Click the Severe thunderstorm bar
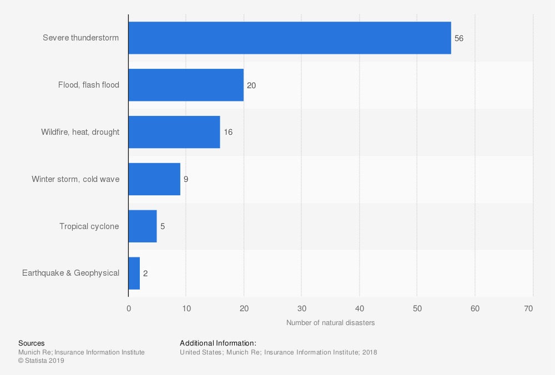[x=289, y=38]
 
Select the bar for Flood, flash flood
[x=186, y=85]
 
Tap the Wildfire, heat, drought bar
[x=174, y=132]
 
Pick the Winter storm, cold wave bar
[x=154, y=179]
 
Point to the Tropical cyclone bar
[x=143, y=226]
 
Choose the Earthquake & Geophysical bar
[x=134, y=273]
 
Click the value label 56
[x=459, y=39]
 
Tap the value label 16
[x=228, y=133]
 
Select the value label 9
[x=186, y=180]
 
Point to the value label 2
[x=145, y=273]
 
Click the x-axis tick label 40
[x=360, y=309]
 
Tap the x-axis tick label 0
[x=129, y=309]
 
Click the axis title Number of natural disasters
[x=330, y=323]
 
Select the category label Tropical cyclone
[x=89, y=226]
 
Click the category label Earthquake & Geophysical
[x=70, y=273]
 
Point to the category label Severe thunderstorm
[x=81, y=38]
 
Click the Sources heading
[x=32, y=343]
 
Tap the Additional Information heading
[x=218, y=343]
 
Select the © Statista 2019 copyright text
[x=42, y=361]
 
